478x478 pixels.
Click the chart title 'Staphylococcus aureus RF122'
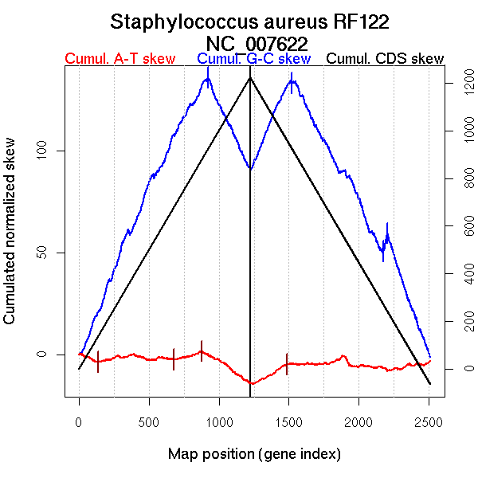coord(250,22)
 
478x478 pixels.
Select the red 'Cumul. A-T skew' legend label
coord(119,59)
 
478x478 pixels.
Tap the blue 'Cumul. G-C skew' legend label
coord(253,59)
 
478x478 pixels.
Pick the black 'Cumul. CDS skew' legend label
coord(386,59)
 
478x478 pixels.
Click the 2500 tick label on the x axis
coord(429,421)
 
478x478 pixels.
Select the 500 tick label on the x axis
coord(149,421)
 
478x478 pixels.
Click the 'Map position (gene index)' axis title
coord(254,454)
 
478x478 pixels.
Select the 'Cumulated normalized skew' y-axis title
coord(10,239)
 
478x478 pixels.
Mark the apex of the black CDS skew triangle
coord(250,77)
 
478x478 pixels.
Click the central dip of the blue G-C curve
coord(250,169)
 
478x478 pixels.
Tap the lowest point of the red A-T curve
coord(252,384)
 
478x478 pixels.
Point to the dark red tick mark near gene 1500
coord(287,363)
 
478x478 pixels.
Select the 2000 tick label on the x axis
coord(359,421)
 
